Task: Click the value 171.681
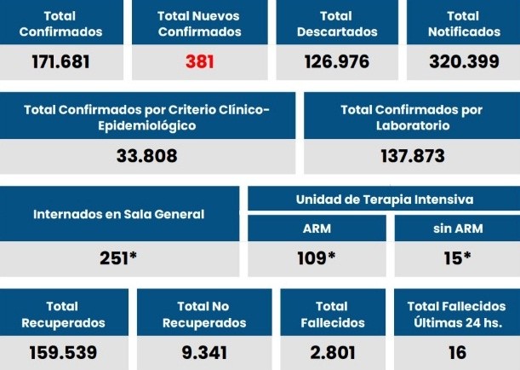coord(60,61)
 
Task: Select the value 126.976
coord(337,61)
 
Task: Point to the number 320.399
coord(463,61)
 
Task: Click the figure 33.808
coord(147,156)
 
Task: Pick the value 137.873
coord(412,156)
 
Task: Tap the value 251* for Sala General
coord(119,258)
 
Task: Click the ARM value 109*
coord(317,258)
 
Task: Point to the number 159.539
coord(63,352)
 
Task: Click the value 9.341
coord(204,352)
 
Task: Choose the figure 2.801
coord(333,352)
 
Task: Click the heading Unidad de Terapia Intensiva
coord(384,199)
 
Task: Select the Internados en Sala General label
coord(119,214)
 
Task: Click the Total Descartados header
coord(337,24)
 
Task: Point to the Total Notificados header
coord(463,24)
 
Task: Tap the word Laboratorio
coord(412,125)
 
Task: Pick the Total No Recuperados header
coord(204,314)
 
